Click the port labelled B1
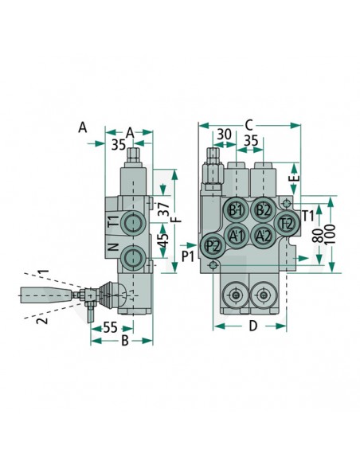[235, 211]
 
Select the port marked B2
[262, 210]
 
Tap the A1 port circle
[236, 235]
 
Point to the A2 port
[263, 235]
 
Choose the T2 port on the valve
[287, 223]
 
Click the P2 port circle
[212, 245]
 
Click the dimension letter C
[249, 124]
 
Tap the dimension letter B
[124, 342]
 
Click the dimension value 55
[112, 327]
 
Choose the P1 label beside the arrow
[188, 256]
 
